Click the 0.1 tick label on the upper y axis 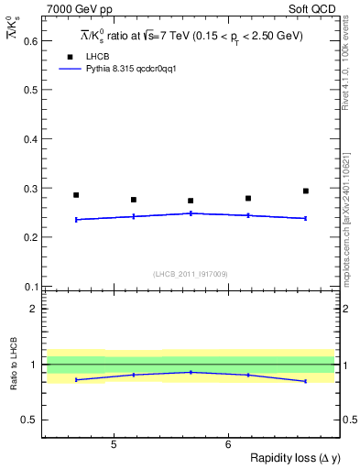(x=29, y=286)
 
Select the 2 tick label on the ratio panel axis (x=33, y=309)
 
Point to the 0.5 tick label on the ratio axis (x=29, y=420)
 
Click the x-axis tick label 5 (x=113, y=444)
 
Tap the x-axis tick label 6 (x=228, y=444)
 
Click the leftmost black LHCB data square (x=76, y=195)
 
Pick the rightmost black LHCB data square (x=305, y=191)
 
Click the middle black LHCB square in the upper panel (x=191, y=201)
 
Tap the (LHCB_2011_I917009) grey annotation (x=191, y=273)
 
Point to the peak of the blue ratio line (x=191, y=372)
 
